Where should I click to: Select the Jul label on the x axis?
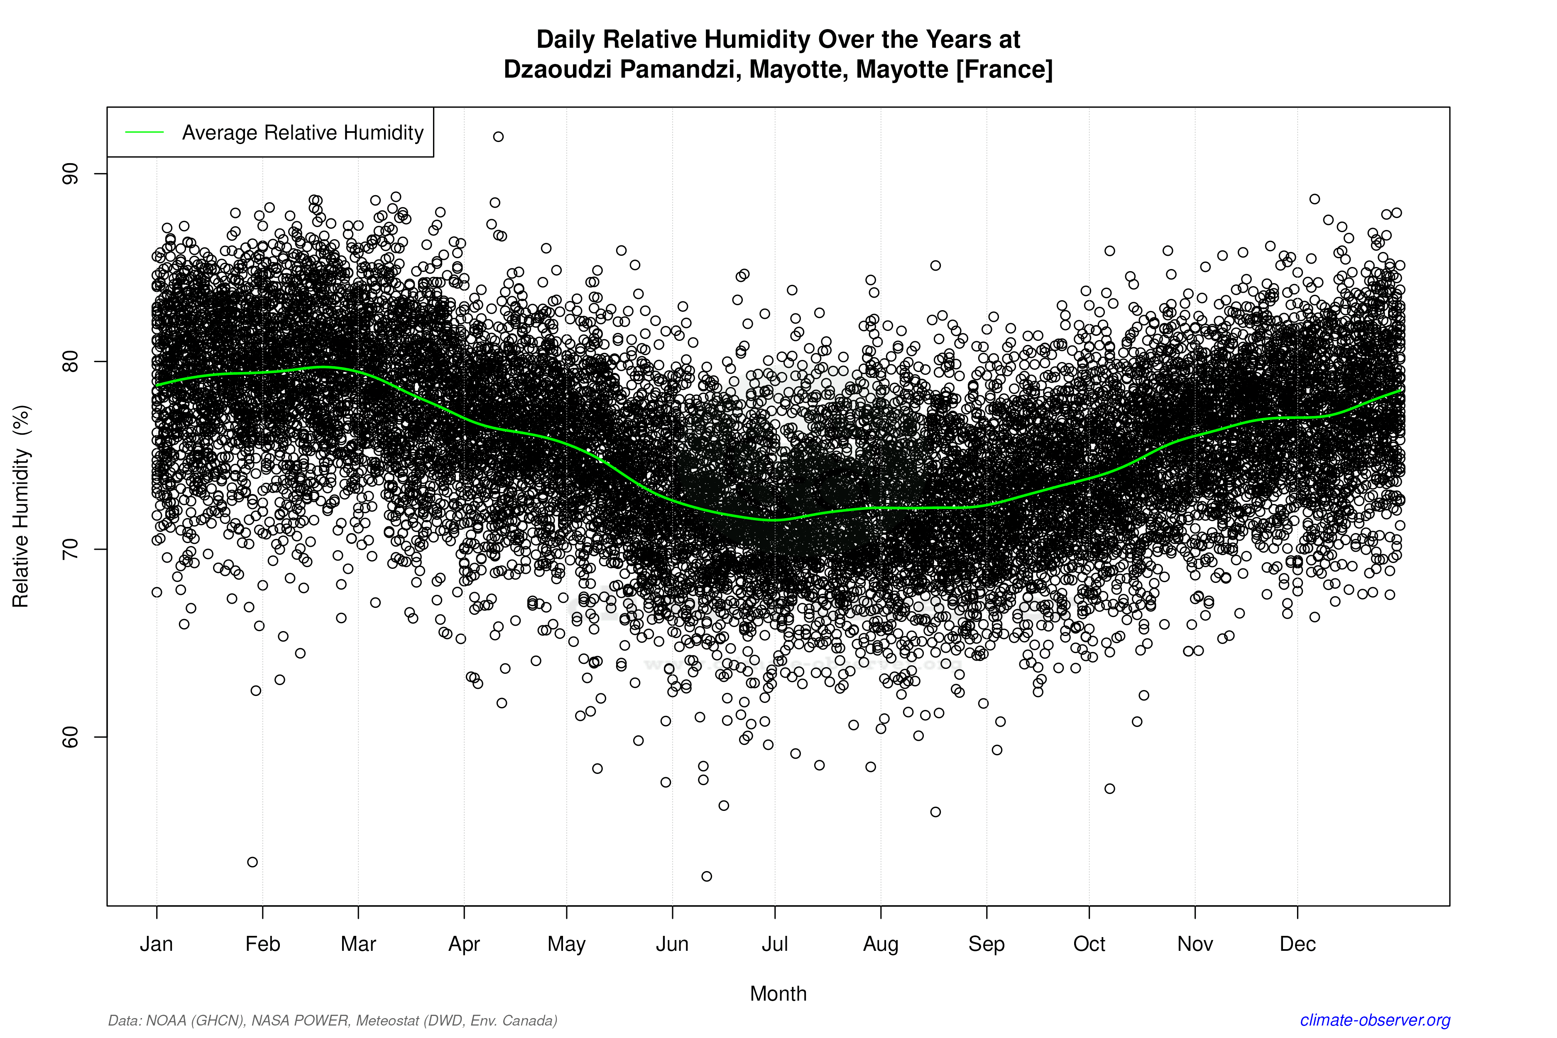click(774, 944)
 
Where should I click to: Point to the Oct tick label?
click(1089, 944)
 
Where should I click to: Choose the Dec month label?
click(1297, 944)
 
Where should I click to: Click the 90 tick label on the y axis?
click(69, 174)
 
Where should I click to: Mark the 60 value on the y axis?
click(69, 737)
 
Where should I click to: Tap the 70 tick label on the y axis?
click(69, 549)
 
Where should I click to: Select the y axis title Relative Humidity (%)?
click(21, 507)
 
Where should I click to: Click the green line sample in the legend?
click(144, 132)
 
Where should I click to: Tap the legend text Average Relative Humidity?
click(303, 132)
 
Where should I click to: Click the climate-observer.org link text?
click(1375, 1020)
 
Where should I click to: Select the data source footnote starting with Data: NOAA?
click(332, 1020)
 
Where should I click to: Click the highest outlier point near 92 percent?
click(499, 136)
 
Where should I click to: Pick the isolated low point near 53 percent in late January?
click(252, 862)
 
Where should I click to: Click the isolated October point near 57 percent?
click(1109, 788)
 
